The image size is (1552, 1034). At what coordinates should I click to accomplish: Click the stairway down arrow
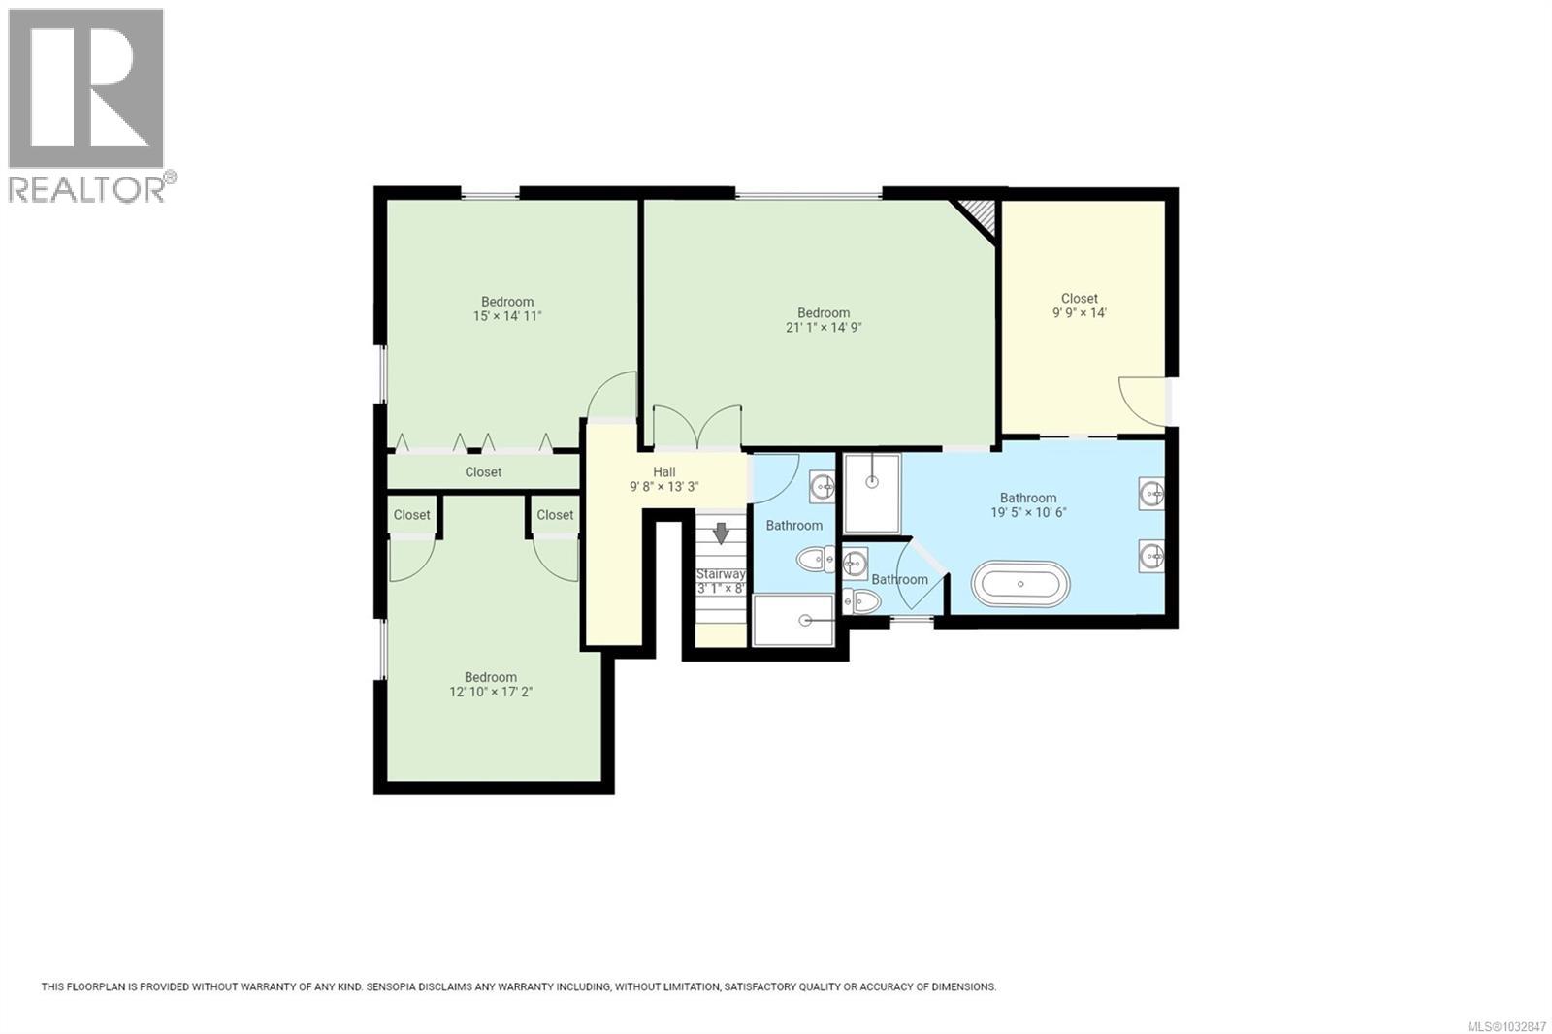coord(721,533)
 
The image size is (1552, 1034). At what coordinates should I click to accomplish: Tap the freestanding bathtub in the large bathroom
coord(1020,585)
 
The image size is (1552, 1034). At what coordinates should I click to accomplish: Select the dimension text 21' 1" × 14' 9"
coord(824,328)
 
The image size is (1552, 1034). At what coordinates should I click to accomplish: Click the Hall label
coord(664,472)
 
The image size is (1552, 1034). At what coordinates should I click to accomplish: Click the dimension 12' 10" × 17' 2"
coord(490,693)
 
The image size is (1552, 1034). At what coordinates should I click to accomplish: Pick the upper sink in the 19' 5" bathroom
coord(1151,494)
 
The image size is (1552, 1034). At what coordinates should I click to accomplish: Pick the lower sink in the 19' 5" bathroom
coord(1151,556)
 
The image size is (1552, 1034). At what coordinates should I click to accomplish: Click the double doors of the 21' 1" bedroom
coord(696,428)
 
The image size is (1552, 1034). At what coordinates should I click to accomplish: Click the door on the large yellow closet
coord(1142,401)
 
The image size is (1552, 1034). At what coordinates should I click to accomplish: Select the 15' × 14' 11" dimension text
coord(507,316)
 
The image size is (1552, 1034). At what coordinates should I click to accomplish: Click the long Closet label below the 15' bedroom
coord(483,472)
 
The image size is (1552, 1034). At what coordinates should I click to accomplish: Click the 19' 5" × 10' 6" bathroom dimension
coord(1028,513)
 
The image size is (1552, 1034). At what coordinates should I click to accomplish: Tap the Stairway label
coord(721,574)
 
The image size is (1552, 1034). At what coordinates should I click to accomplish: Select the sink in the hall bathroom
coord(822,486)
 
